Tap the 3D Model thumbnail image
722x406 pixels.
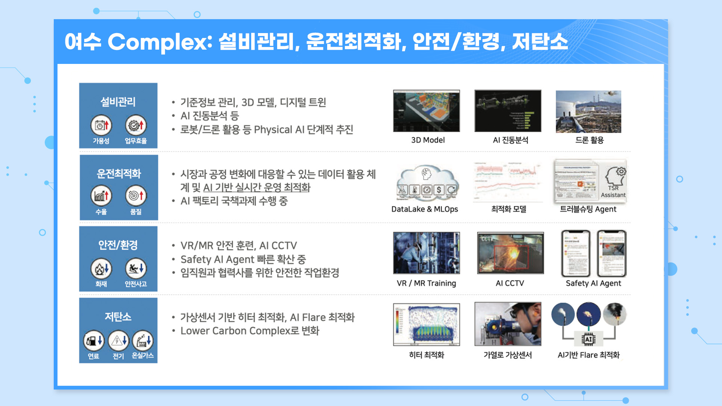(426, 111)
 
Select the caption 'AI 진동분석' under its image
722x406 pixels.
(510, 140)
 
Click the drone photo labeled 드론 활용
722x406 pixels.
(589, 111)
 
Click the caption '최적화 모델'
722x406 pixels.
(508, 209)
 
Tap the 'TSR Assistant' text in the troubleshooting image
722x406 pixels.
(613, 191)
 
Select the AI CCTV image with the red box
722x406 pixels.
(510, 253)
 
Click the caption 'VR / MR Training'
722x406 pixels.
(426, 283)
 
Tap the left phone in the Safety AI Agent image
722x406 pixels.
(575, 254)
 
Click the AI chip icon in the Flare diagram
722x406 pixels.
(589, 339)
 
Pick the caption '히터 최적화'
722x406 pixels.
(426, 355)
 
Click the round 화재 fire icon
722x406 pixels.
(101, 268)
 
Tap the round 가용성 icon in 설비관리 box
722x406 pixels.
(101, 125)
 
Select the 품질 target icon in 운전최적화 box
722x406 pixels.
(136, 196)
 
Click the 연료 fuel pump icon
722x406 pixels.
(94, 341)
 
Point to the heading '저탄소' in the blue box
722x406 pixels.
(118, 317)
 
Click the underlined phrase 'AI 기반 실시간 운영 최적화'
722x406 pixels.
(256, 187)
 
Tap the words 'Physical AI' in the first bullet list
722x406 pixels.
(279, 130)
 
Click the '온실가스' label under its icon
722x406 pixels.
(143, 356)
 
